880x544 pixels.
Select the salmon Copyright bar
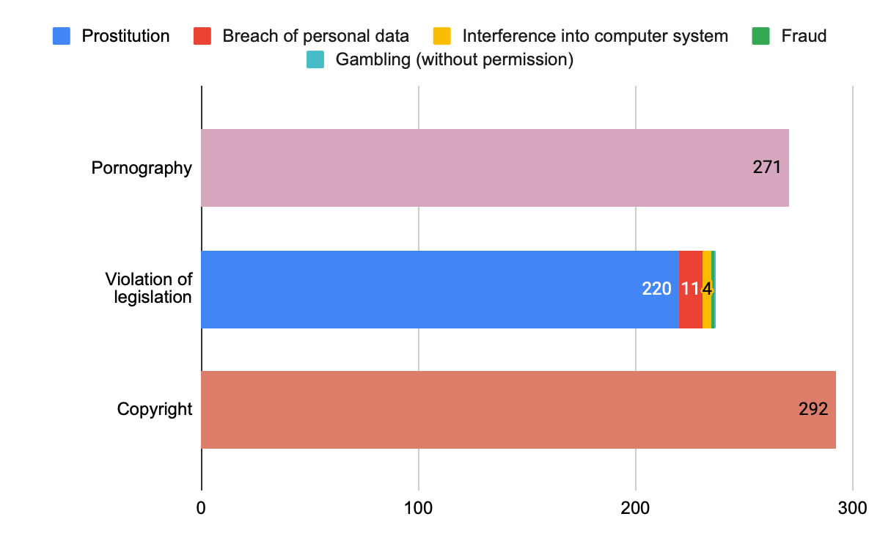pos(499,409)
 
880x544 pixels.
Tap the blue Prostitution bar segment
pos(425,289)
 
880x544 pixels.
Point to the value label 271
pos(766,168)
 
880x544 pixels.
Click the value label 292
pos(813,409)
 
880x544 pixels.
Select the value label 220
pos(656,289)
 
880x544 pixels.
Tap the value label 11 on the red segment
pos(689,289)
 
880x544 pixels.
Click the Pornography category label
pos(142,168)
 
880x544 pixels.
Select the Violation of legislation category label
pos(148,288)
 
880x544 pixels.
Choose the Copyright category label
pos(155,409)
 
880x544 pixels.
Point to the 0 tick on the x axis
pos(201,507)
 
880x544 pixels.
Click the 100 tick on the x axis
pos(418,507)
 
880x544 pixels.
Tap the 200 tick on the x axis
pos(635,507)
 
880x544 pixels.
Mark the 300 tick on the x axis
pos(852,507)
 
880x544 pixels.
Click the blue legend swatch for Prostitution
pos(62,36)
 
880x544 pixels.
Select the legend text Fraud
pos(804,36)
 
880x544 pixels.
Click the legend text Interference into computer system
pos(595,36)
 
